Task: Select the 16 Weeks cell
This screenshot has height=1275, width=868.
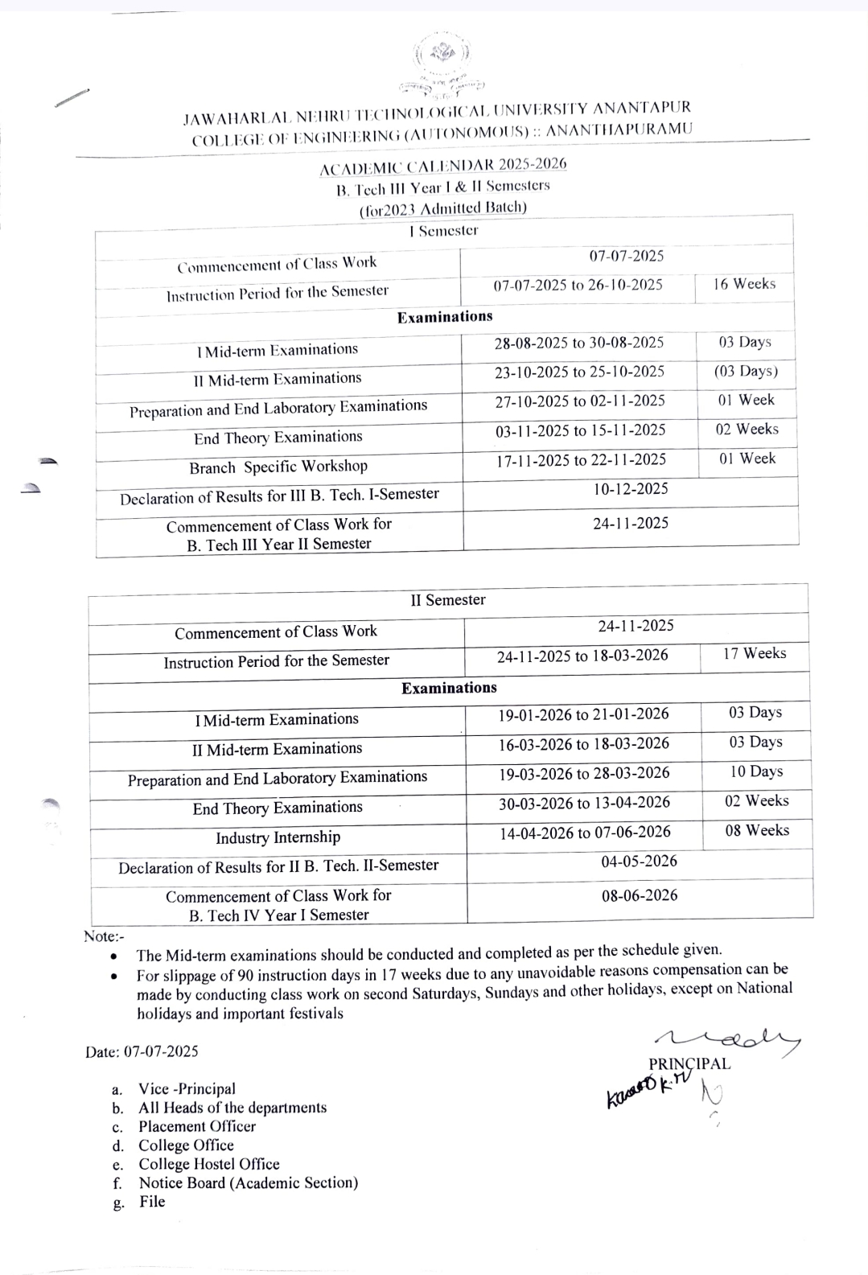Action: point(744,284)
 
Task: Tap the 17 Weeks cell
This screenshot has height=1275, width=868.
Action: point(754,653)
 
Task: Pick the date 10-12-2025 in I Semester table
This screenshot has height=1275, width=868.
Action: point(631,489)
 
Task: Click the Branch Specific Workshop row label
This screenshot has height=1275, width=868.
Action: point(278,467)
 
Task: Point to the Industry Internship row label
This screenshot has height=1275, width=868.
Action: point(278,837)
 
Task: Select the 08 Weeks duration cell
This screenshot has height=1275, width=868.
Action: point(756,830)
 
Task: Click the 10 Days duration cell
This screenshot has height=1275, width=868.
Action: point(755,771)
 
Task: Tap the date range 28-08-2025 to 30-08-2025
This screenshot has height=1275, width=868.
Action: point(578,343)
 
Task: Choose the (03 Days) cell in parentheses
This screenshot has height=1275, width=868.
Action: point(746,372)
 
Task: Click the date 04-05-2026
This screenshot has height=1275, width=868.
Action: point(639,862)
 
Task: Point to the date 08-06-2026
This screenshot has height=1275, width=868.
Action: point(640,895)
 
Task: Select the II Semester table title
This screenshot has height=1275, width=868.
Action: point(448,600)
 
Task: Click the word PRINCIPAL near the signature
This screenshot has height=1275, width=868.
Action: point(689,1063)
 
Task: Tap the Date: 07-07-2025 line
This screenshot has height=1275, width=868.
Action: point(142,1051)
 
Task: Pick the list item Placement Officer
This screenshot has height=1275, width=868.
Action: point(197,1126)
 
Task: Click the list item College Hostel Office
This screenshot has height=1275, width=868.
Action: point(209,1164)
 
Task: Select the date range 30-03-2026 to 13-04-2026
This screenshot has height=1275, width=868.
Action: point(584,803)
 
